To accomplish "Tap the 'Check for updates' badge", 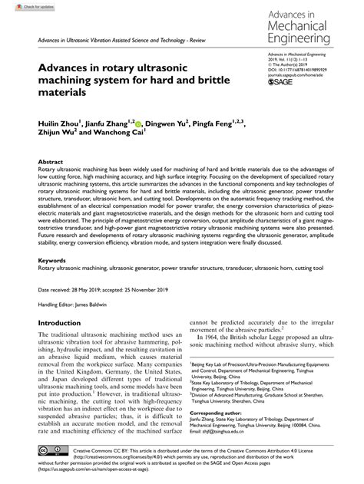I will [x=22, y=7].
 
